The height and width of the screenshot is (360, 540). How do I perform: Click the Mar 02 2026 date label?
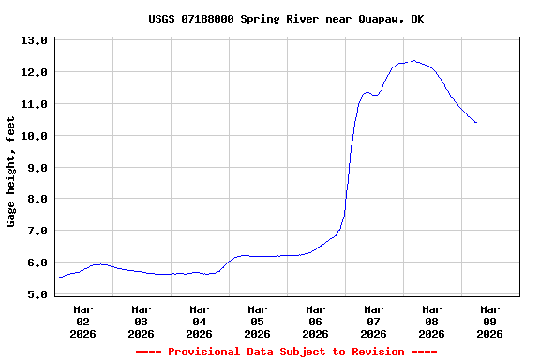tap(83, 321)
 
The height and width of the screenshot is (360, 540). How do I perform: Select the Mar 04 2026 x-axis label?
tap(200, 321)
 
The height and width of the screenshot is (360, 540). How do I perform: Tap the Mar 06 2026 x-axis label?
tap(316, 321)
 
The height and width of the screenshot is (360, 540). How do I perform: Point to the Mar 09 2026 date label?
tap(489, 321)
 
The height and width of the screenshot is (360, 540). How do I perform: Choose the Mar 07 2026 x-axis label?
tap(373, 321)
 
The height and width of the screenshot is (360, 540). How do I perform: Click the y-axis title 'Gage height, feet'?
tap(11, 172)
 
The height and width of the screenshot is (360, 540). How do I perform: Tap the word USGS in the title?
tap(161, 19)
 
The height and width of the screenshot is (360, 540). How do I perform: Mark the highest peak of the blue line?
tap(413, 61)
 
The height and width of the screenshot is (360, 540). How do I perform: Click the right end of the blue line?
tap(477, 123)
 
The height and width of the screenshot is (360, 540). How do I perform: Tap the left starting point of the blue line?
tap(55, 278)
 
